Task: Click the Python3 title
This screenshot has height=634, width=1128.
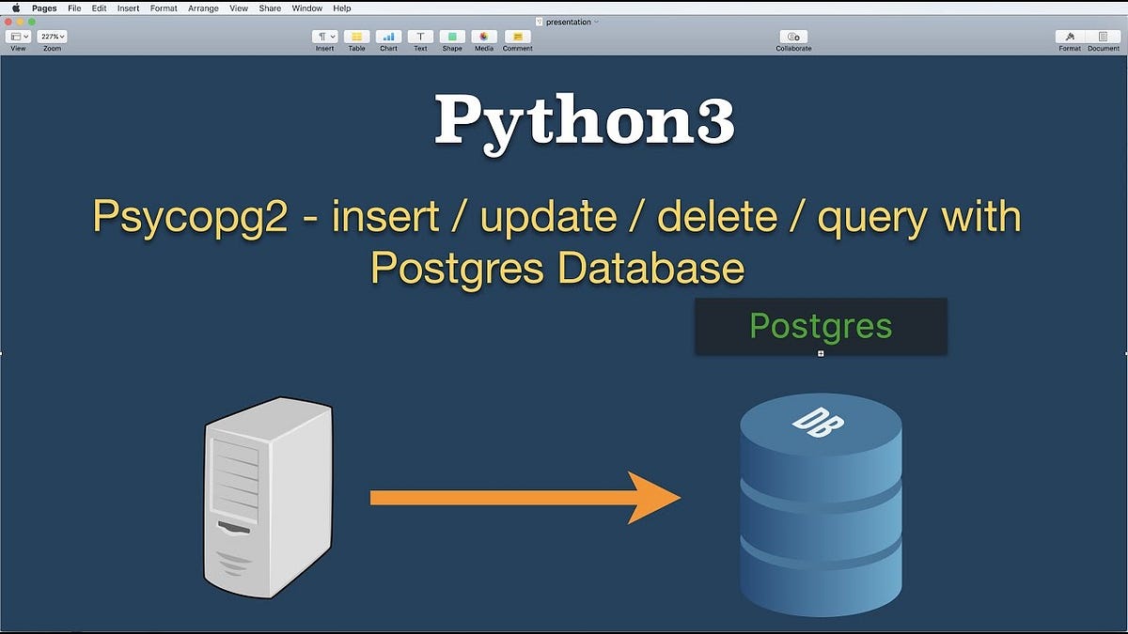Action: coord(584,120)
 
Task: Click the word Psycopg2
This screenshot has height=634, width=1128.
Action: coord(187,218)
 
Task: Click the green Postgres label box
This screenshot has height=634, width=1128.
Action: coord(821,326)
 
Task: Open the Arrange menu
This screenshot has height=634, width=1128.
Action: coord(202,8)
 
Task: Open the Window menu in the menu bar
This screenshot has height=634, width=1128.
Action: coord(306,8)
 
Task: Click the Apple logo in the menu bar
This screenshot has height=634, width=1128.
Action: coord(15,8)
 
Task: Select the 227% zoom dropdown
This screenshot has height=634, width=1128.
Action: coord(52,37)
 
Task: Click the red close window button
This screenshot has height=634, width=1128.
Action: coord(8,21)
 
